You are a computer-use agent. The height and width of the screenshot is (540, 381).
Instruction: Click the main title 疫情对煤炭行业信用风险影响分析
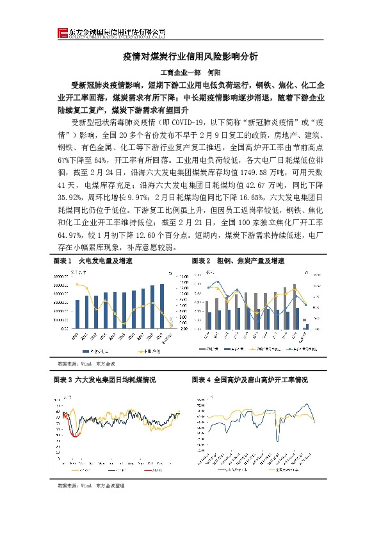click(190, 57)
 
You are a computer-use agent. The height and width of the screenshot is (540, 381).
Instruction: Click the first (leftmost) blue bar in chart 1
click(77, 314)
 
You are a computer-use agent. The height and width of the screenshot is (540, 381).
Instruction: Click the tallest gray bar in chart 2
click(294, 307)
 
